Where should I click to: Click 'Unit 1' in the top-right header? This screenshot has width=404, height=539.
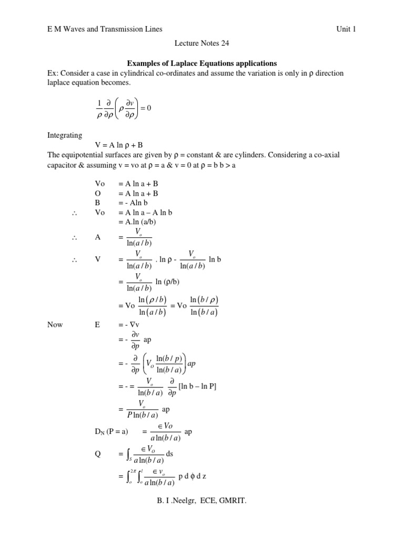click(346, 29)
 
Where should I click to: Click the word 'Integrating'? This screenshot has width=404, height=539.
click(65, 135)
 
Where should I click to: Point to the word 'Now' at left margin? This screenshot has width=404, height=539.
click(55, 325)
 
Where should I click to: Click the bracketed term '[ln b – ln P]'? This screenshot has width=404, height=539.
click(198, 387)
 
